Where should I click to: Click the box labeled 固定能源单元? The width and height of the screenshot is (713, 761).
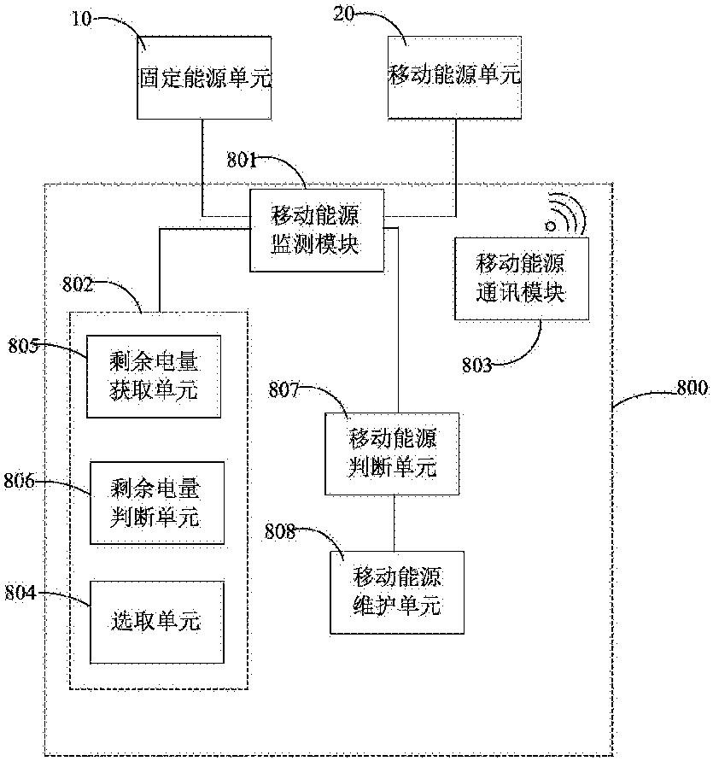tap(204, 79)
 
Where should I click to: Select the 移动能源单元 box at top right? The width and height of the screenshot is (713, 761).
tap(454, 79)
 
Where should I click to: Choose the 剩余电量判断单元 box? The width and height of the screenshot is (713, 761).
tap(157, 503)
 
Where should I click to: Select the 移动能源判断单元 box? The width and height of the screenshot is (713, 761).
tap(393, 454)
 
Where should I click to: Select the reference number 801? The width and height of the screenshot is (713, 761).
tap(243, 159)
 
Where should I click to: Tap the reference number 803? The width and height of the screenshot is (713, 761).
tap(476, 366)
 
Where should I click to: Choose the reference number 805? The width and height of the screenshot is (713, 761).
tap(24, 345)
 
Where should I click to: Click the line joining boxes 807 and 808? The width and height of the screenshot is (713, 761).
tap(394, 524)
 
